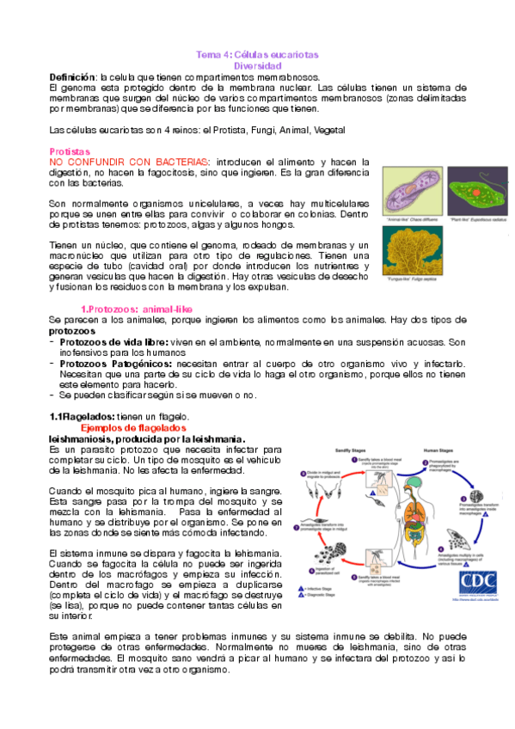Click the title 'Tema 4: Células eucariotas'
click(x=258, y=54)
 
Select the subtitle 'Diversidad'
click(x=258, y=65)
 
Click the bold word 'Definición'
click(x=73, y=77)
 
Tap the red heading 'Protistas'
click(x=70, y=150)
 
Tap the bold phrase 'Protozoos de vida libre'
click(x=115, y=342)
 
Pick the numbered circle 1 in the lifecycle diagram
click(x=353, y=461)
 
